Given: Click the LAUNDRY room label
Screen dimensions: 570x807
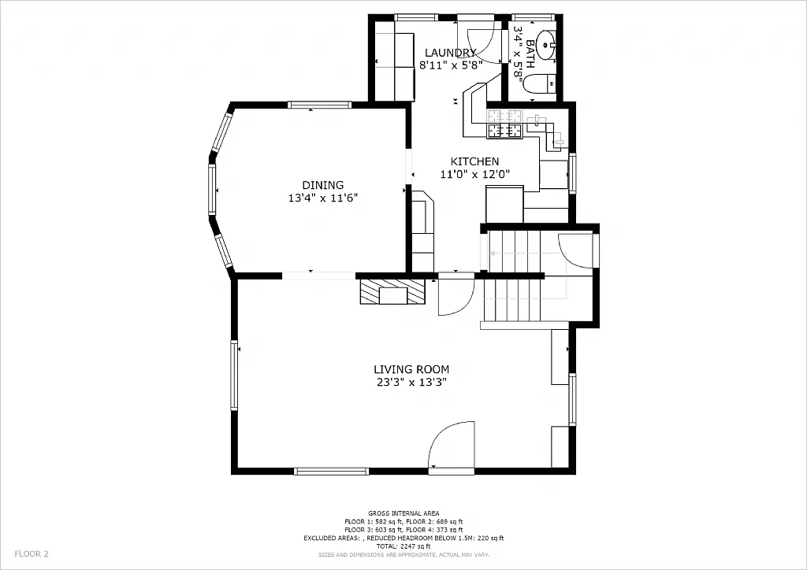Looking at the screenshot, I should (448, 53).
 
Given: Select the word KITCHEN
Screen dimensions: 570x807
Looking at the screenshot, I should (474, 161).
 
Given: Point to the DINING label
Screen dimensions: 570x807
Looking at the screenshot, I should (322, 185).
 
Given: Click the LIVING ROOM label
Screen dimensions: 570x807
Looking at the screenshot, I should (411, 369).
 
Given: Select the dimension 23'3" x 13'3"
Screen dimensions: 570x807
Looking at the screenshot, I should (411, 383).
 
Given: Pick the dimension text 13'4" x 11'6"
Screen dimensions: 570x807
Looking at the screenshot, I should (323, 198).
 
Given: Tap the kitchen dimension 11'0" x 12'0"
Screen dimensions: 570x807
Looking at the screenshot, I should (474, 175).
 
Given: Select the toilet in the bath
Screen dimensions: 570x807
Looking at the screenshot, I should (541, 83).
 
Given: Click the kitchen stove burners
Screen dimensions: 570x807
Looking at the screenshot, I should (504, 131).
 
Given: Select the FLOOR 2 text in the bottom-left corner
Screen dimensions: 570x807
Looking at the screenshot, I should (32, 553).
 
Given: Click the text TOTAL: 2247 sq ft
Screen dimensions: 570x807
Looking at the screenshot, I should (403, 546).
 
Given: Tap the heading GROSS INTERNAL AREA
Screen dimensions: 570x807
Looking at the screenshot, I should (403, 513).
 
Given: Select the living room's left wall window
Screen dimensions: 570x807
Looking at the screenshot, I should (234, 375).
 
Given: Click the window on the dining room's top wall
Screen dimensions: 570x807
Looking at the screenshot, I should (319, 105).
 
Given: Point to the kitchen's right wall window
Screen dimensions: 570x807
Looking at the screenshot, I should (573, 172).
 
